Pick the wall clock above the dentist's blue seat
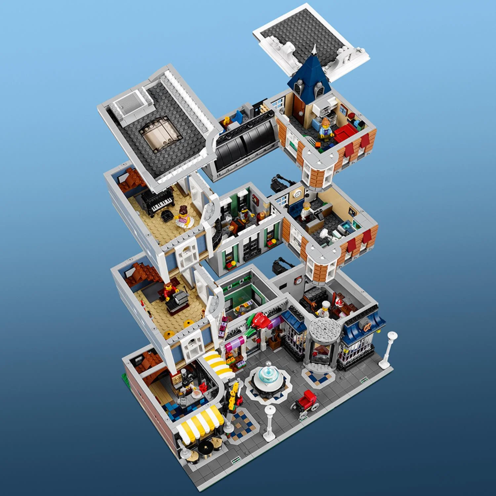(298, 194)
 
